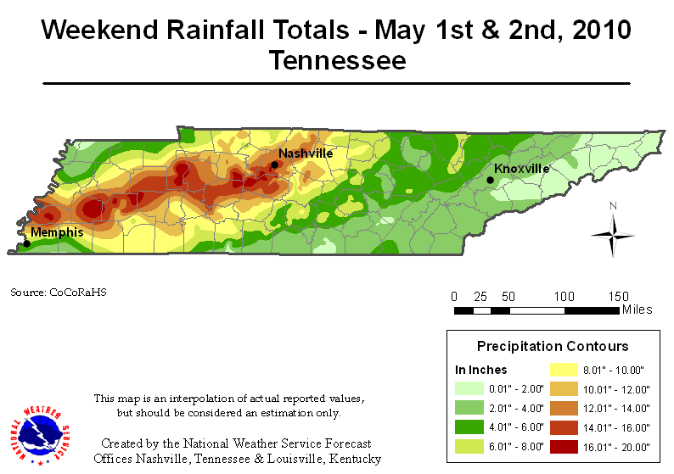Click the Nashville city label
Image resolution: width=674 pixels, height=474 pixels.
click(305, 153)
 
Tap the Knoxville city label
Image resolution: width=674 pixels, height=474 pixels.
click(521, 168)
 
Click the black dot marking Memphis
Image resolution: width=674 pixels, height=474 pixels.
click(26, 243)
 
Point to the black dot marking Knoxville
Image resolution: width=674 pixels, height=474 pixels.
click(490, 180)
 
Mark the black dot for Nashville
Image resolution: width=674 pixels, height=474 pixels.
click(274, 165)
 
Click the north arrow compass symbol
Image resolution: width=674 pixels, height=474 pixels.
click(613, 232)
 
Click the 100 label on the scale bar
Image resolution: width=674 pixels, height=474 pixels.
click(563, 296)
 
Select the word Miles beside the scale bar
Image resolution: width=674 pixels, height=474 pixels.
click(637, 309)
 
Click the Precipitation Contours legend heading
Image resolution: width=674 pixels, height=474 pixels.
click(552, 346)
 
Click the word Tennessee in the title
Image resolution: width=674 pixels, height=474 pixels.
click(337, 60)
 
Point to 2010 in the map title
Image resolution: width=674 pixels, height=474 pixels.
click(598, 31)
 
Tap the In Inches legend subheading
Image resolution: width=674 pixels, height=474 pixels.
click(481, 370)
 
